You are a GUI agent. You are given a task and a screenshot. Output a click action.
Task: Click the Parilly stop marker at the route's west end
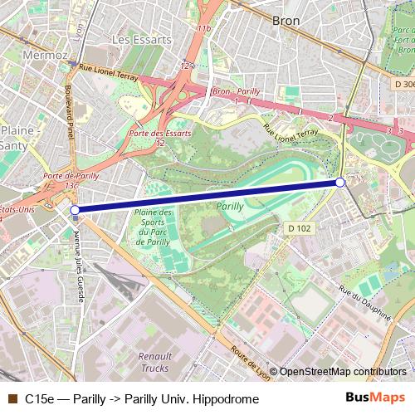(x=76, y=211)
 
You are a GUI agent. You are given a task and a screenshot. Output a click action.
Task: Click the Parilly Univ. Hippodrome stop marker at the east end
(x=339, y=182)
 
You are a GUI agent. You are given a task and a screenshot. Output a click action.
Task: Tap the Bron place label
(x=286, y=19)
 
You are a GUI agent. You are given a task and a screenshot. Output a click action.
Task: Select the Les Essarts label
(x=134, y=39)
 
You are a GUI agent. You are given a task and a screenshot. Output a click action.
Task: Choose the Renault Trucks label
(x=150, y=362)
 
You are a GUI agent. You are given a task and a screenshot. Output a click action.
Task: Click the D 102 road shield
(x=300, y=227)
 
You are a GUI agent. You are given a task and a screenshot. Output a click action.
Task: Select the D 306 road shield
(x=403, y=84)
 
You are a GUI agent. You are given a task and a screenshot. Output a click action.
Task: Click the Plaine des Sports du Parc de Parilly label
(x=153, y=227)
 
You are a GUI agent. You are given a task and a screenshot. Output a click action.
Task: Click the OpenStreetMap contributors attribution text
(x=343, y=372)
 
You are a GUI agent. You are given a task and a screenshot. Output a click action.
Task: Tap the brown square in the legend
(x=12, y=398)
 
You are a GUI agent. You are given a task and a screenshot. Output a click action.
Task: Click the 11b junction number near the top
(x=203, y=29)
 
